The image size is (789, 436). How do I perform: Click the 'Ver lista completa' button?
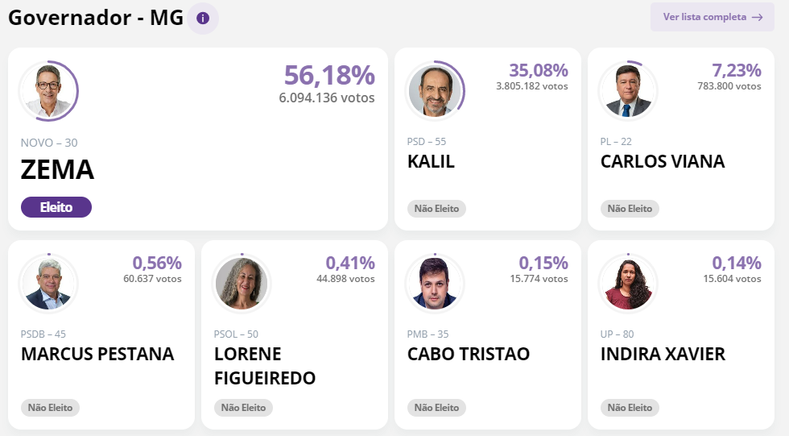point(712,17)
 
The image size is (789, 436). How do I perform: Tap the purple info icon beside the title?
point(203,18)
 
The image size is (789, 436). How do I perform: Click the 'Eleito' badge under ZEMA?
point(56,207)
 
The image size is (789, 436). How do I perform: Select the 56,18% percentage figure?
point(329,75)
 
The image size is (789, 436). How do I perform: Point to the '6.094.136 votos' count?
point(327,98)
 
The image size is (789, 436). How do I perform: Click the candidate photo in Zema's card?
point(48,89)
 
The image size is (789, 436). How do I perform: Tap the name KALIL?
point(431,161)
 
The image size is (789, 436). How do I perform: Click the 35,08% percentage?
point(539,71)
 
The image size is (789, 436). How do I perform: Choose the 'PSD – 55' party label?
point(427,142)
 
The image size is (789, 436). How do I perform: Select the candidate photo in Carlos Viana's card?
point(628,89)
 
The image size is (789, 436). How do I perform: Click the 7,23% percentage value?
point(736,71)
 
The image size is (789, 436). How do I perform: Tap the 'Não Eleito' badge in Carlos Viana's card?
point(630,209)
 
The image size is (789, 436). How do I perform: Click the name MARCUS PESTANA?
point(97,354)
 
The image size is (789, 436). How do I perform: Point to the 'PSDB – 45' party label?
point(43,334)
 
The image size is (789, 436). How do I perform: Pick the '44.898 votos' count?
point(345,279)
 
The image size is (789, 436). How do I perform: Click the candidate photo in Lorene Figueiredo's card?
point(242,283)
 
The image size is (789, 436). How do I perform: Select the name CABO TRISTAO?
point(469,354)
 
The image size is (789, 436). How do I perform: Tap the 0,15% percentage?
point(543,263)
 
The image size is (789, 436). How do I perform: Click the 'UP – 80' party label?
point(618,334)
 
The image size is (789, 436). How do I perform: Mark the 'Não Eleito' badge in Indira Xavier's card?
point(630,408)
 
